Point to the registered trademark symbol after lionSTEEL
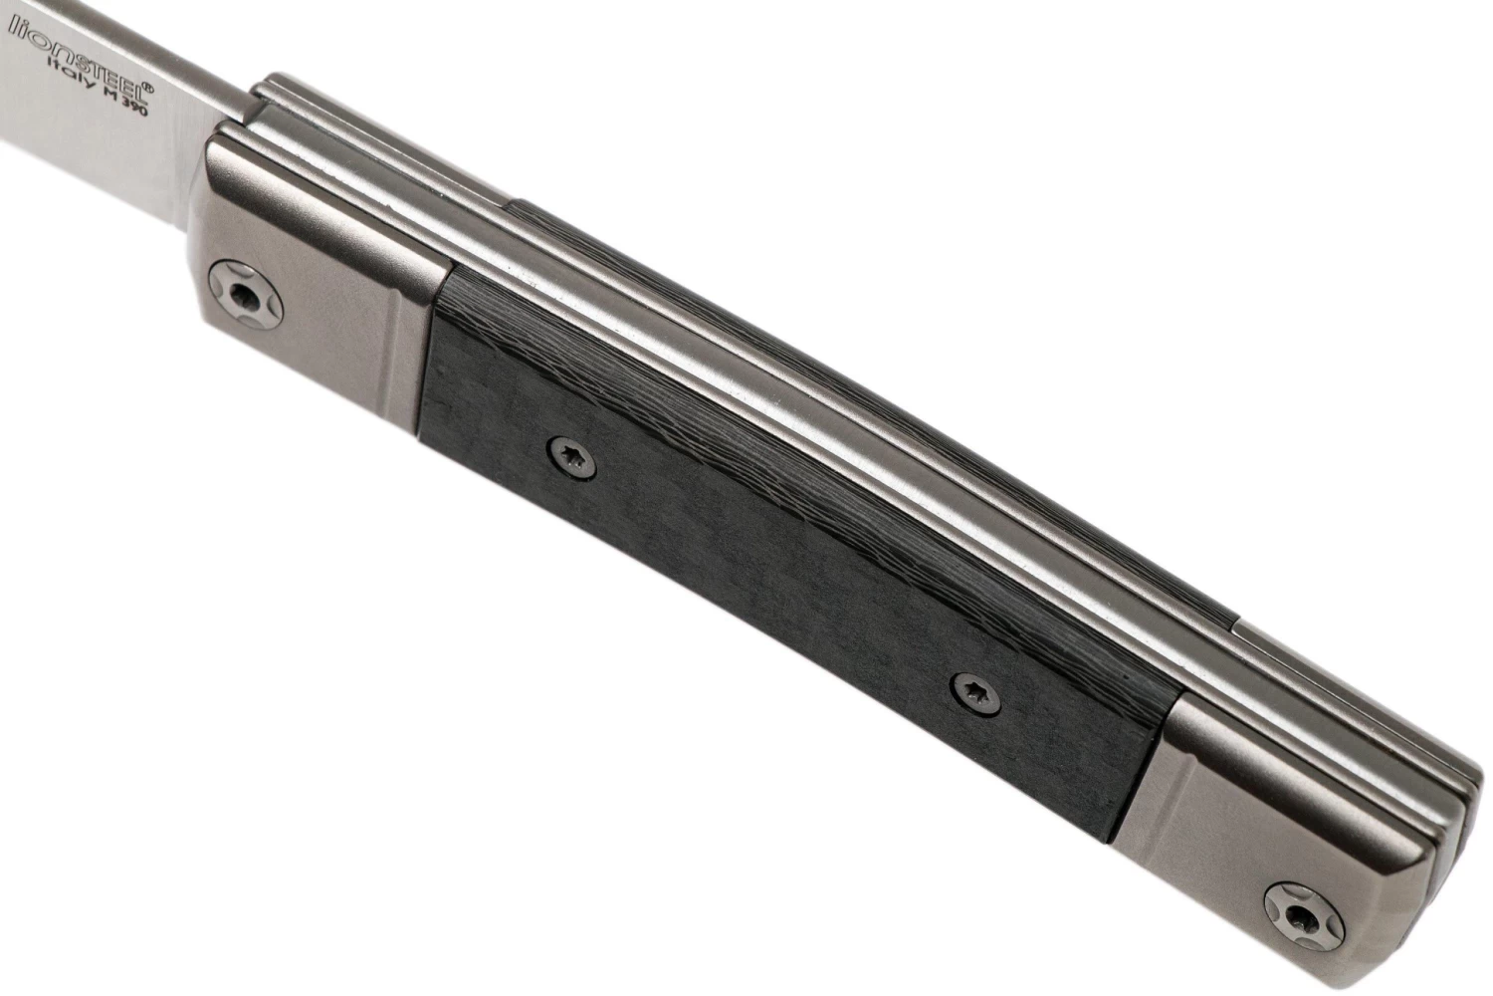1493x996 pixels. [x=148, y=89]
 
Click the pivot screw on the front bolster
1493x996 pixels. [x=246, y=294]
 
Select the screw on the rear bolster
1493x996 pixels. [x=1304, y=917]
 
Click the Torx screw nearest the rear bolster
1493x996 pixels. [x=976, y=694]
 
